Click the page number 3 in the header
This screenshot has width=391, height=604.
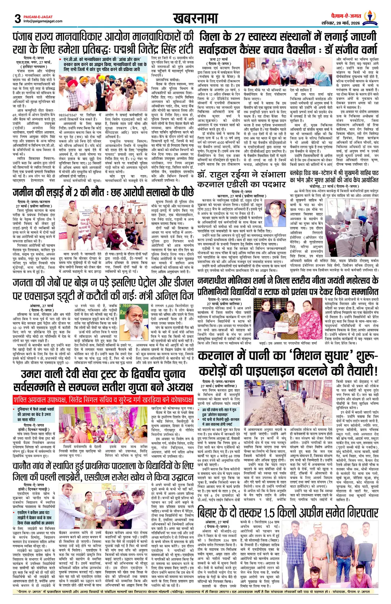17,18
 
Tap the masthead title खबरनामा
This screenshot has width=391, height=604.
195,18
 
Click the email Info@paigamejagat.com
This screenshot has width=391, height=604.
39,21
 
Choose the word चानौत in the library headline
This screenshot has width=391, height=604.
24,466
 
